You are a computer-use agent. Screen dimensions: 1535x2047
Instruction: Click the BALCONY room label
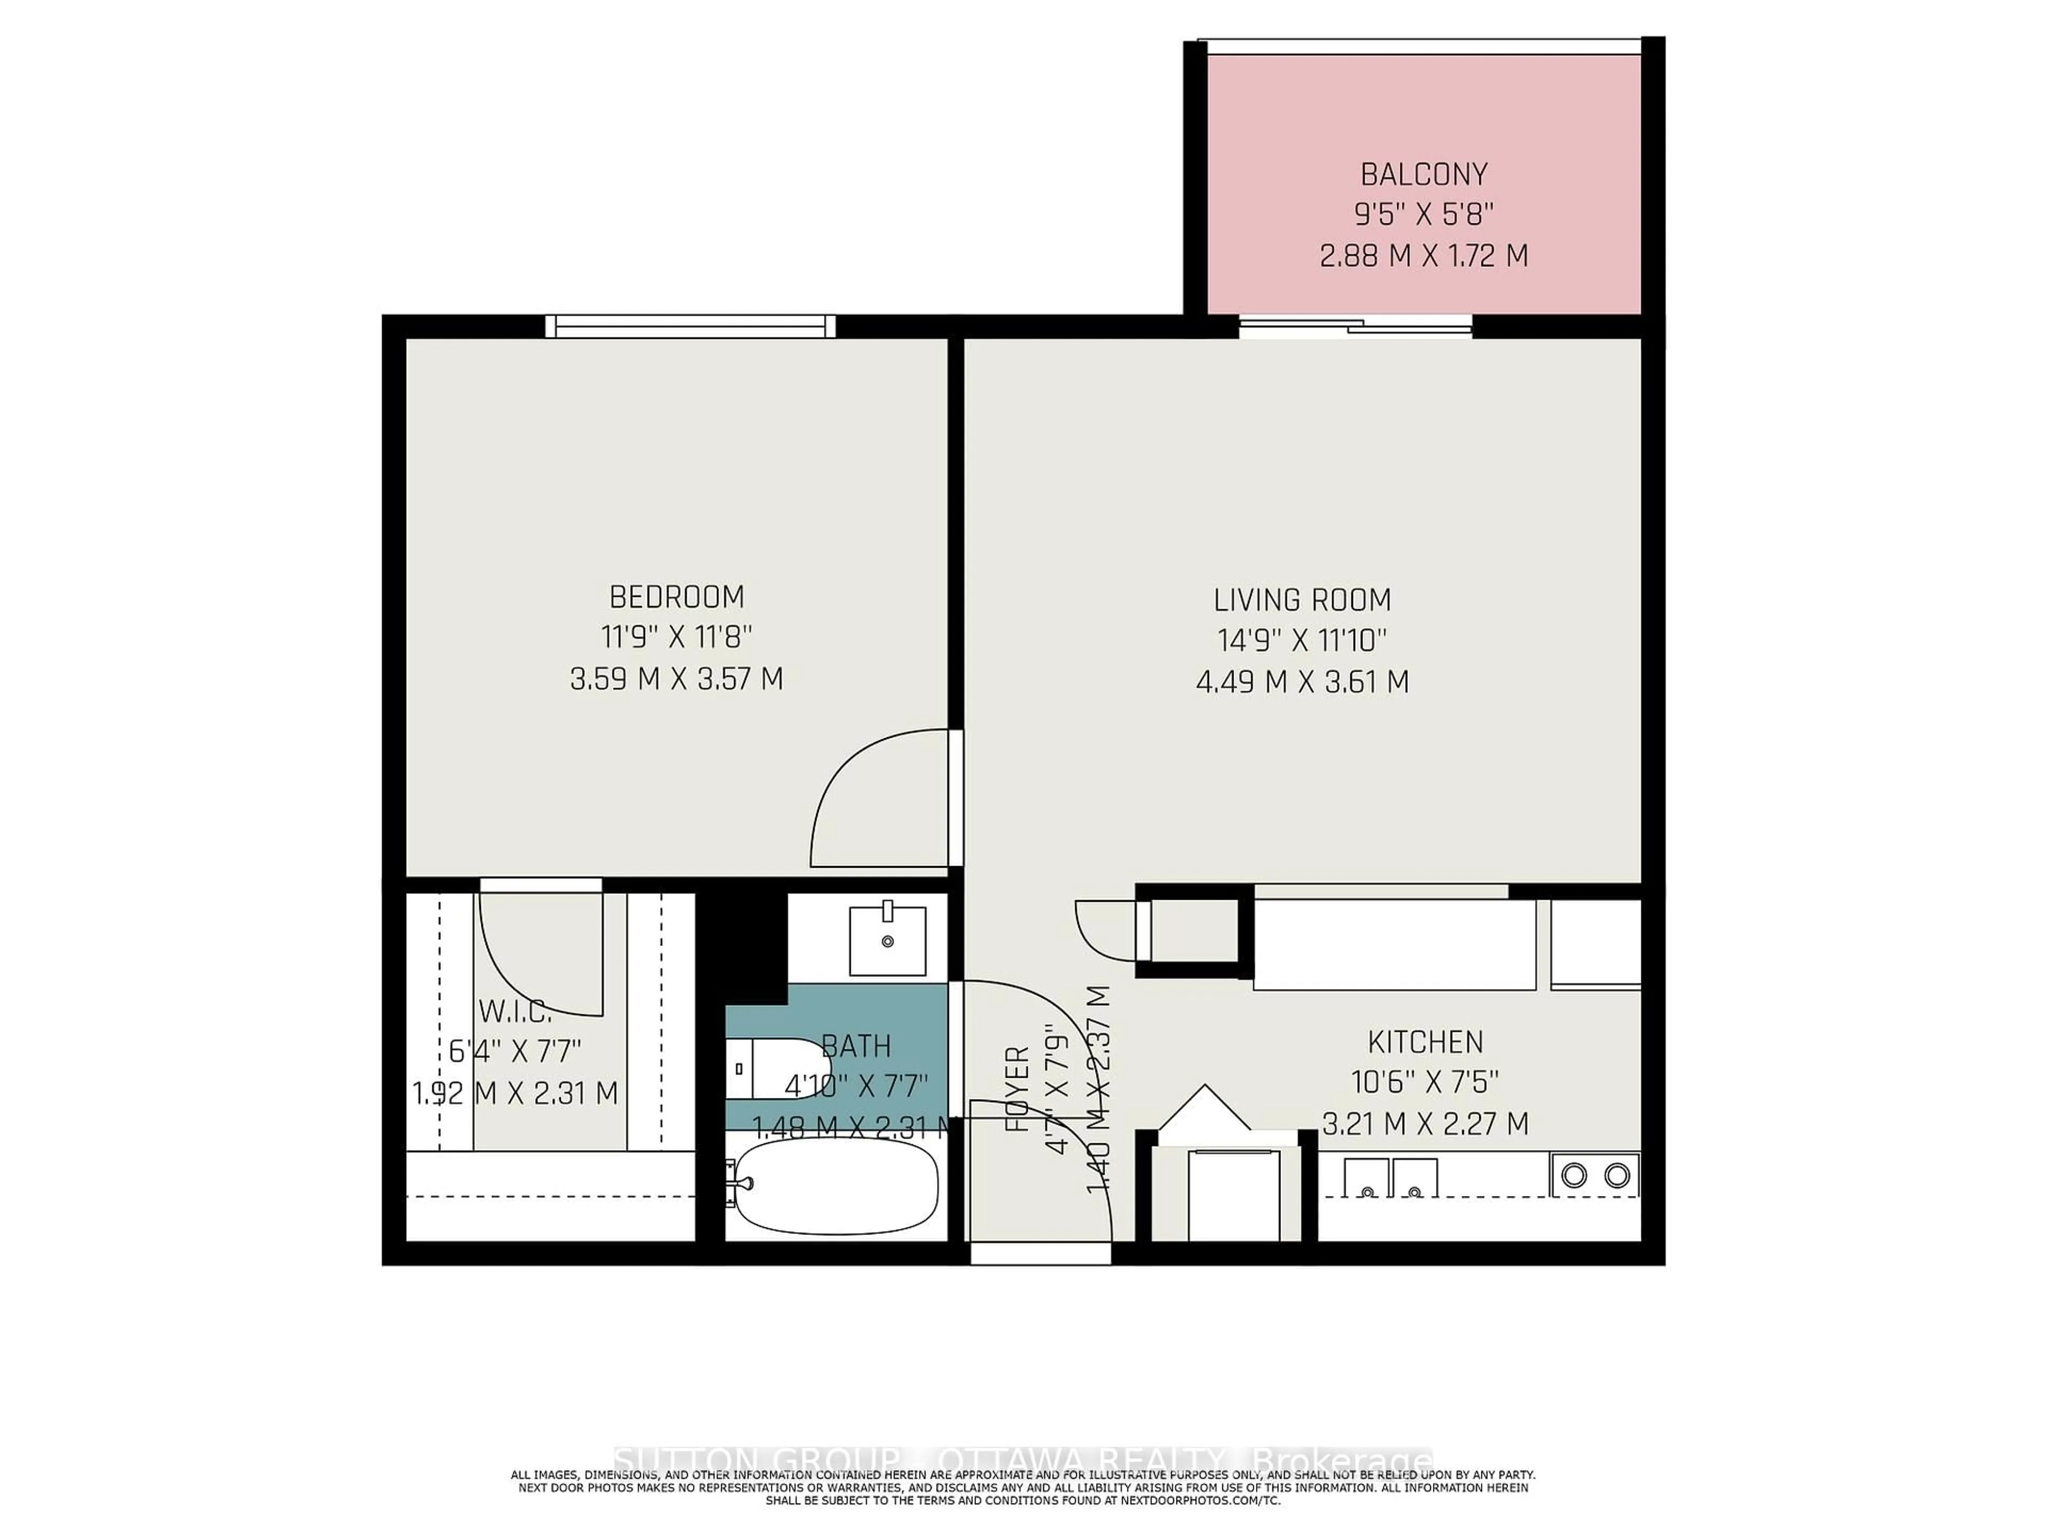1423,174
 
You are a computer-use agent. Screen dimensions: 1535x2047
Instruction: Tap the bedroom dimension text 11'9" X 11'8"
676,637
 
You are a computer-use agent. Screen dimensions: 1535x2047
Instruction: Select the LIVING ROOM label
1302,601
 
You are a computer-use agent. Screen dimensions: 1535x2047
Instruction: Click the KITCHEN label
1425,1042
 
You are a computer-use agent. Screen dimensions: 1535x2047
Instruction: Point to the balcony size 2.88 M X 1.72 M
1423,255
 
